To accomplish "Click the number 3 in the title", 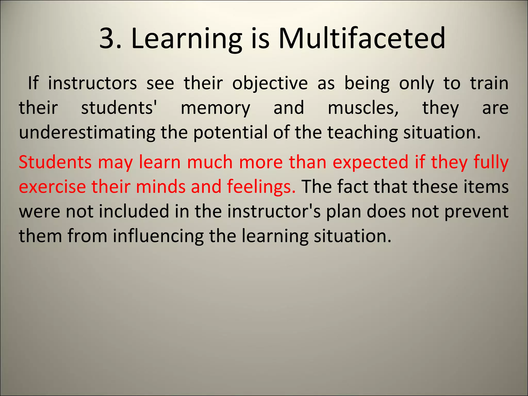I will point(106,39).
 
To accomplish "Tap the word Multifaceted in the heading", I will point(362,39).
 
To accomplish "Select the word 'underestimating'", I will point(87,133).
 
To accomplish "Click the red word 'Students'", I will point(55,162).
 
